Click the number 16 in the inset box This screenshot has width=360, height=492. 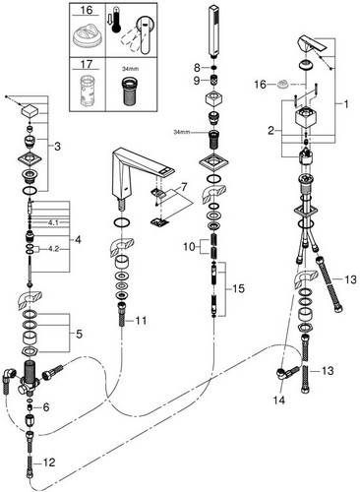[87, 10]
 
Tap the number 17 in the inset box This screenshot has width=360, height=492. [87, 64]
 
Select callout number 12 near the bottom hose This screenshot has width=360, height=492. [49, 462]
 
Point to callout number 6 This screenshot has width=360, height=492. [46, 407]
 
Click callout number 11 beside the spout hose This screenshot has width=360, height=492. [141, 321]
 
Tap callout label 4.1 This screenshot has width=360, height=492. [53, 222]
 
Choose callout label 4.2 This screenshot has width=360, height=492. [53, 249]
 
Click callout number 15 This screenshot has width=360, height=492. [238, 288]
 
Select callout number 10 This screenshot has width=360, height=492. [189, 247]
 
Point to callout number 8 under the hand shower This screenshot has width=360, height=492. [197, 68]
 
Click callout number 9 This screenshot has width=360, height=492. [197, 81]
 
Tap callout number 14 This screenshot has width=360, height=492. [279, 400]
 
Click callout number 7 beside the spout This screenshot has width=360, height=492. [184, 187]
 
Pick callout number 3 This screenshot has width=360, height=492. [57, 147]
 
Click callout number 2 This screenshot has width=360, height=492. [270, 131]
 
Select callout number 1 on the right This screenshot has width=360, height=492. [346, 105]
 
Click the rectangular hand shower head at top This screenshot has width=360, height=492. [213, 31]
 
